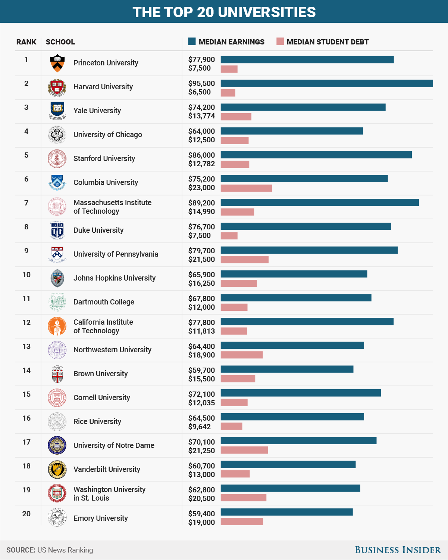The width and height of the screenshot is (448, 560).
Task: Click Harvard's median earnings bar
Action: (326, 83)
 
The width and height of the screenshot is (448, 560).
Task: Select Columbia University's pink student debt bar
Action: (246, 188)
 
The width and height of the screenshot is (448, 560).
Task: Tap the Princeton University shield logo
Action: (57, 63)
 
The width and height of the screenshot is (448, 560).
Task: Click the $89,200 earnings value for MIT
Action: (201, 203)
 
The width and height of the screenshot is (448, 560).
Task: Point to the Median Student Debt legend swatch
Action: (280, 41)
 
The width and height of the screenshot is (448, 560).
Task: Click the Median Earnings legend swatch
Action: (192, 41)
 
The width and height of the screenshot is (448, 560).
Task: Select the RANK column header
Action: (26, 42)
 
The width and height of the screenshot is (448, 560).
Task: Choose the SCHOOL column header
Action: (60, 42)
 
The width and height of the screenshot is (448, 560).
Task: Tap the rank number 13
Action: (26, 346)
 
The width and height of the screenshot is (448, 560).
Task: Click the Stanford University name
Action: (104, 158)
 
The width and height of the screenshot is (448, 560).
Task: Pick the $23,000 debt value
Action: (201, 188)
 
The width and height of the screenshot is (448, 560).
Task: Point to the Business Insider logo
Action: (398, 550)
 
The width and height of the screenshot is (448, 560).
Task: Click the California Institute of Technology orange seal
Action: (57, 326)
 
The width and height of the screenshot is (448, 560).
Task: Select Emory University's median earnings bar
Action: (286, 512)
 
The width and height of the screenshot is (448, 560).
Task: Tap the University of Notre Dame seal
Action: (57, 445)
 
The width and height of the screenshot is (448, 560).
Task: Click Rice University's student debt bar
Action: (231, 426)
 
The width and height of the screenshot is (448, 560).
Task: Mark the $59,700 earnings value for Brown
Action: (201, 370)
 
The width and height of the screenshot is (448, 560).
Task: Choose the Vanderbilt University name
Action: (107, 469)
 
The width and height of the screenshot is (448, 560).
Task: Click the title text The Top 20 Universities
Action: (224, 12)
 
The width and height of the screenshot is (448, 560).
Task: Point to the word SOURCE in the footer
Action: (21, 550)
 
